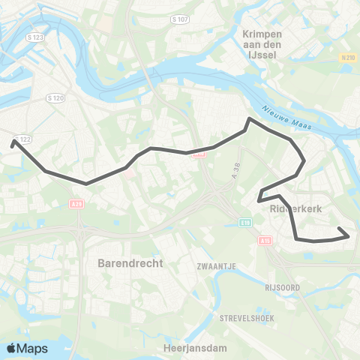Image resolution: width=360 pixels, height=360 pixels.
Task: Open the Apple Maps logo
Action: click(26, 348)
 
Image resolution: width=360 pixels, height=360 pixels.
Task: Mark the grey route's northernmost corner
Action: click(248, 118)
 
